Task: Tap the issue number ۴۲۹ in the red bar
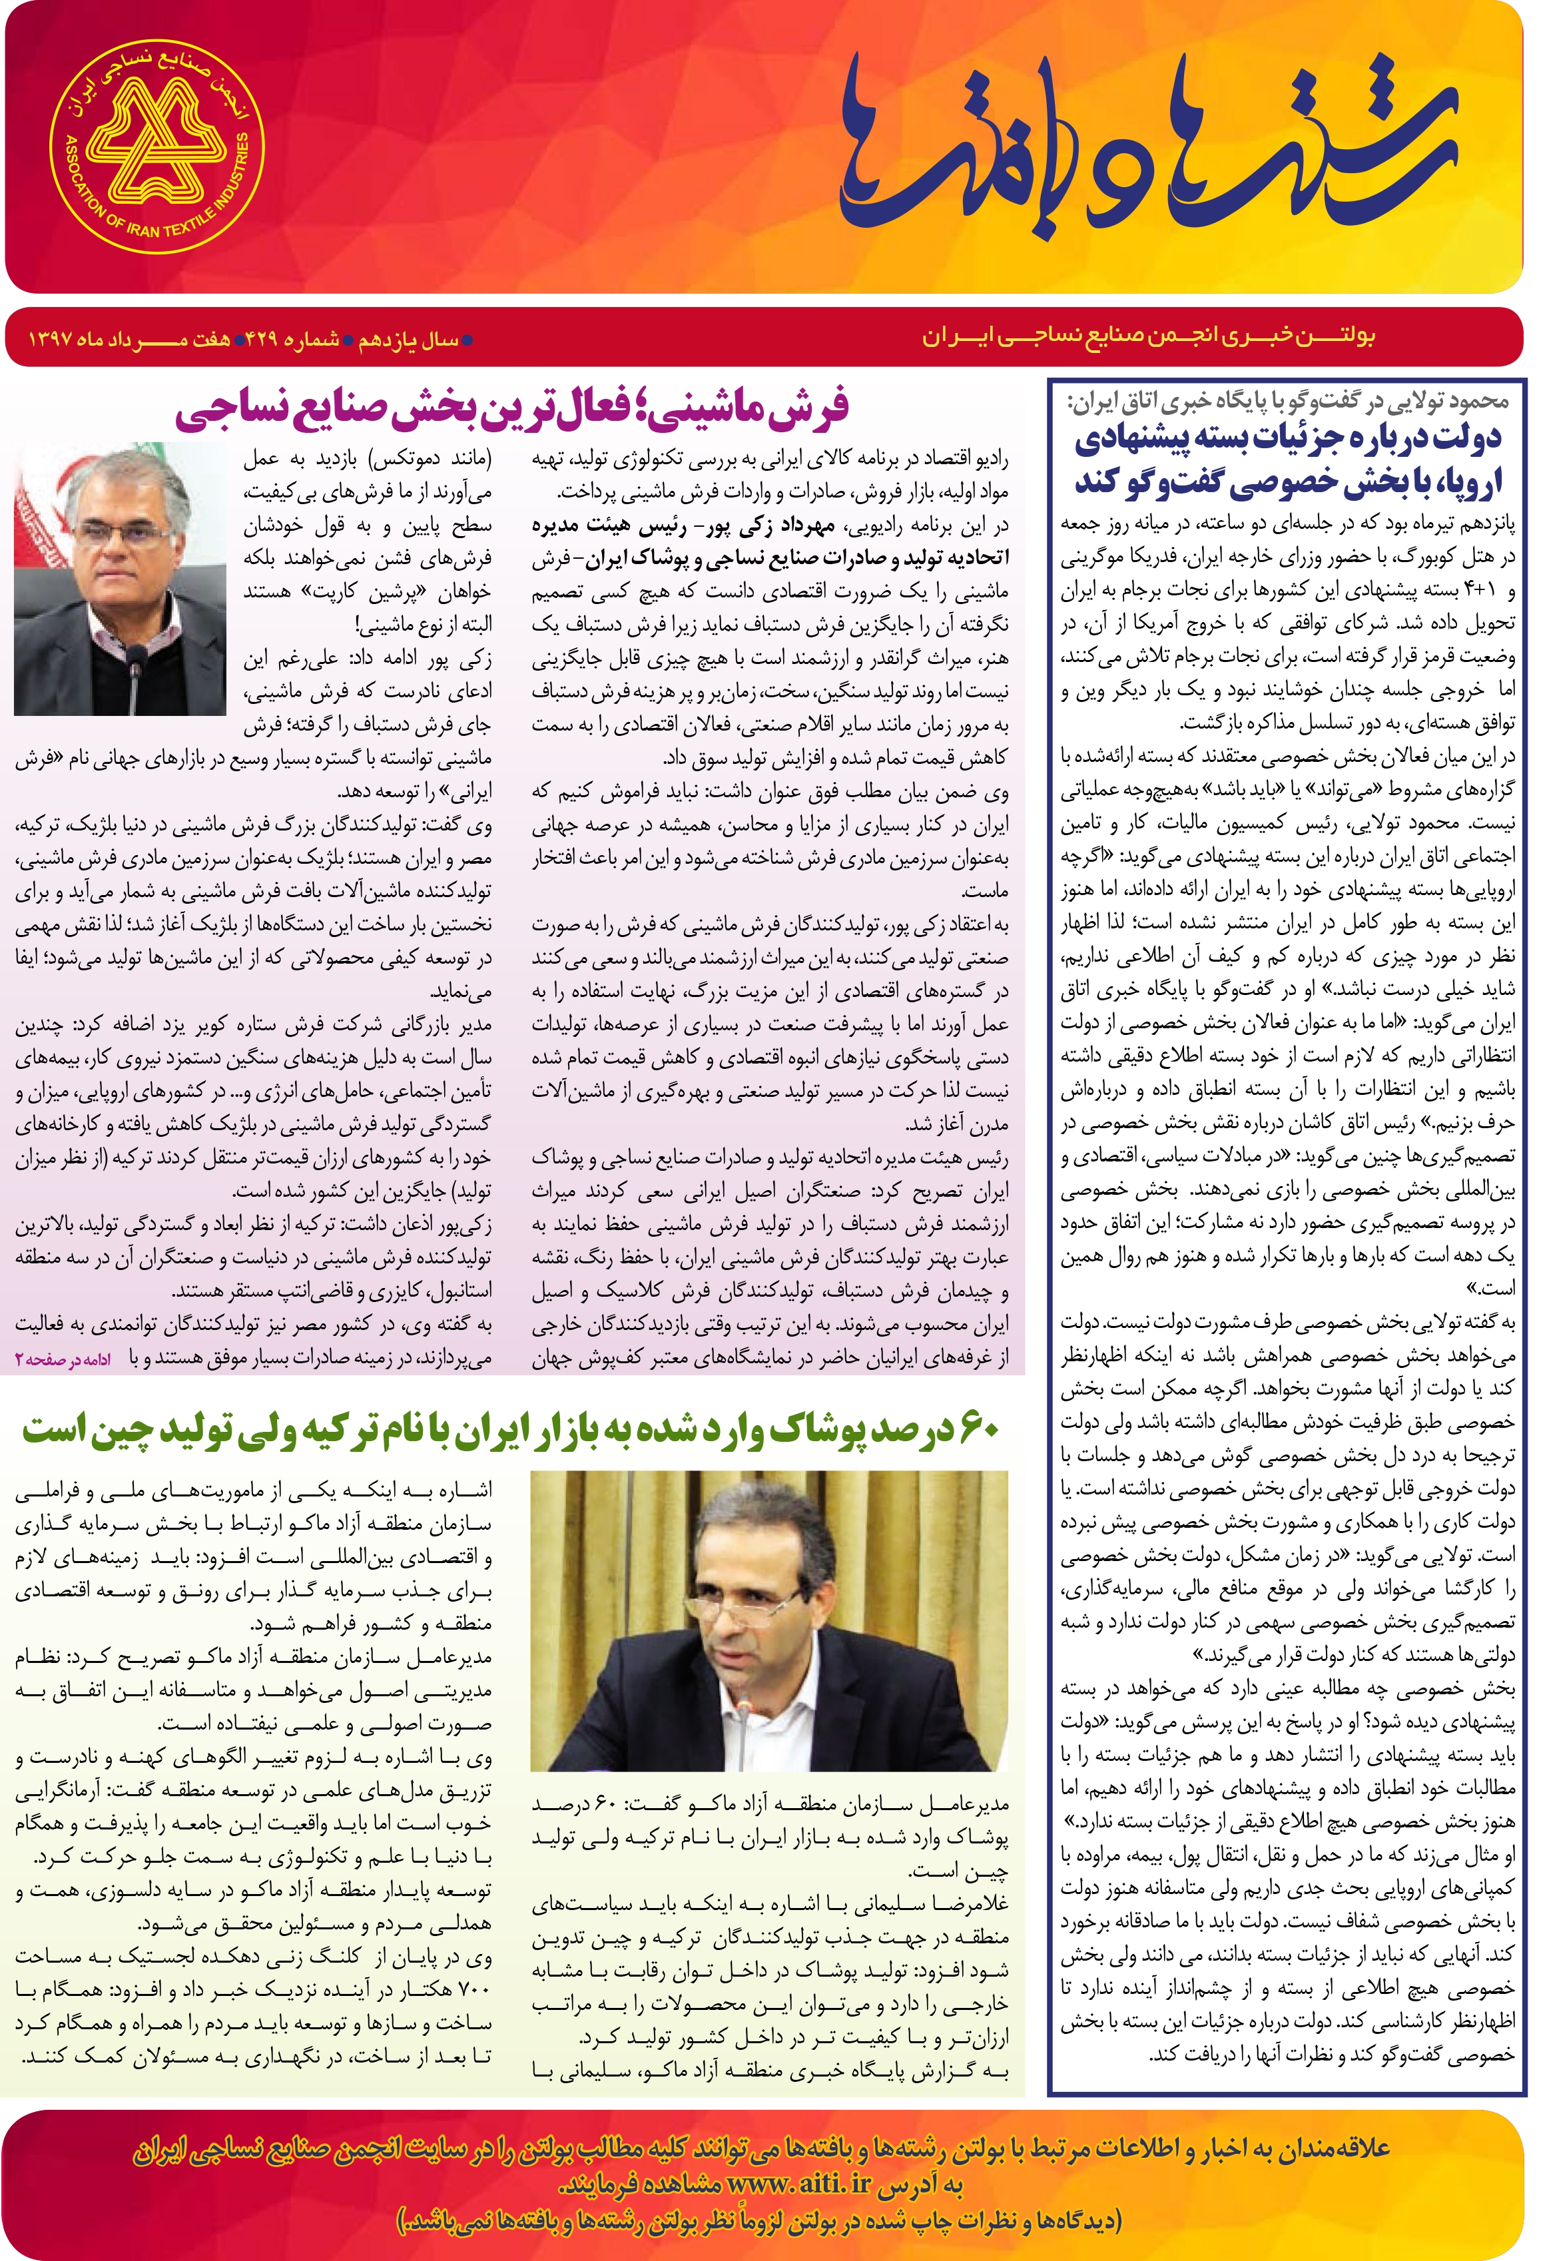click(262, 340)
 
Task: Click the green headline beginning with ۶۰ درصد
click(511, 1429)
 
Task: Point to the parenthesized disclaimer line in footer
click(759, 2221)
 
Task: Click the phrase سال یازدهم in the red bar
click(409, 340)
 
